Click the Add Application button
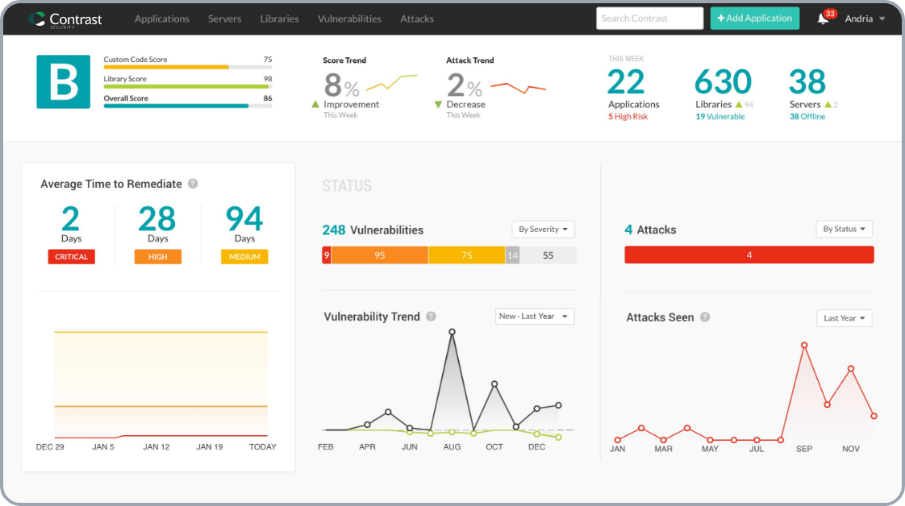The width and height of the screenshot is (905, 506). [x=754, y=19]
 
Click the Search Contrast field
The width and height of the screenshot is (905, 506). [x=649, y=19]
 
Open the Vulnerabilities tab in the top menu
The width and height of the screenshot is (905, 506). [x=349, y=19]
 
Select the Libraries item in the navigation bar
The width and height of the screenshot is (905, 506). [x=279, y=19]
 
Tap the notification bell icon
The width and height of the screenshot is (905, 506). [x=823, y=19]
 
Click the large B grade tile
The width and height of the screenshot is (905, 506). [x=63, y=81]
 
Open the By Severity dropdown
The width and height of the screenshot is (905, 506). [x=543, y=230]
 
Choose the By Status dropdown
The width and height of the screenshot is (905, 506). [x=844, y=230]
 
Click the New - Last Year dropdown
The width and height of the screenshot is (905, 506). [x=535, y=317]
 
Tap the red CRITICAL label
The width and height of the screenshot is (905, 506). [x=71, y=257]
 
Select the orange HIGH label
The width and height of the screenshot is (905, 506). [x=158, y=257]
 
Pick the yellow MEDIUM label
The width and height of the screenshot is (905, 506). [x=244, y=257]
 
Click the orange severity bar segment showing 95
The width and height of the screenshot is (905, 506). [x=379, y=255]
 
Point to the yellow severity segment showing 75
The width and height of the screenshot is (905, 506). [x=466, y=255]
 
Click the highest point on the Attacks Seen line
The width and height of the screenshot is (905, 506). [x=804, y=346]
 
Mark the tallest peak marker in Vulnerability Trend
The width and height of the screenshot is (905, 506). [x=452, y=331]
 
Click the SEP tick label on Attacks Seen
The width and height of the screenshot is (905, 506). [x=804, y=449]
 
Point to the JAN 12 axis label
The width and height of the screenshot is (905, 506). [x=156, y=446]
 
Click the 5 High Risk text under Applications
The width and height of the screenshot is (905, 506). [x=628, y=117]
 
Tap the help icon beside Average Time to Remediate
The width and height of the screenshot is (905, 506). [x=193, y=184]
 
